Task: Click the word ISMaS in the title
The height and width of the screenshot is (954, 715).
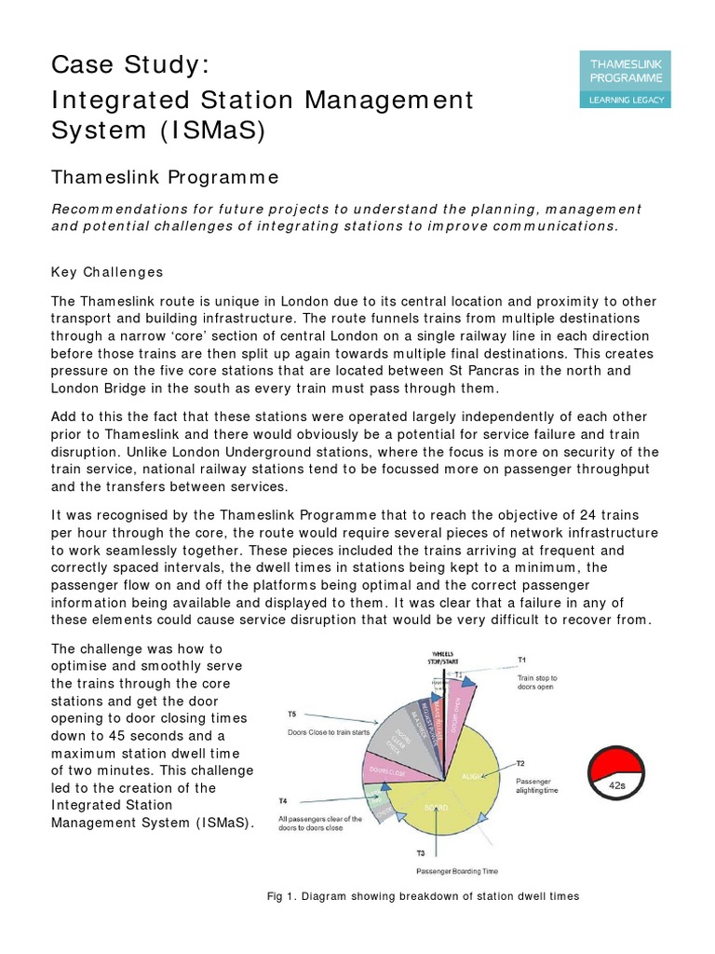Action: coord(211,130)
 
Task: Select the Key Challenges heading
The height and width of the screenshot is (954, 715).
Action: coord(107,272)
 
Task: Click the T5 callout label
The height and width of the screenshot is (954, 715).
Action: coord(291,715)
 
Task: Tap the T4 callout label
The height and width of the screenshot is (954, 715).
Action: coord(282,801)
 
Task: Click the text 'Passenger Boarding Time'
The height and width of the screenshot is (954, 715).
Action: coord(457,871)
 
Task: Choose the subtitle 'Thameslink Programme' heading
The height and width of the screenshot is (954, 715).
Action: coord(167,178)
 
